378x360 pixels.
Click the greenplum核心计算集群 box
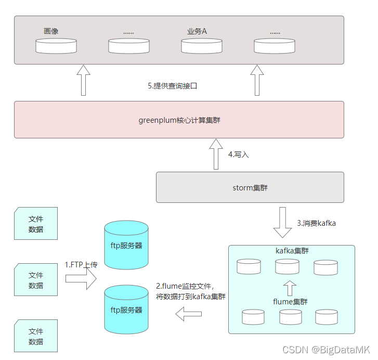(x=179, y=120)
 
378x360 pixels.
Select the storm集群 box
(x=250, y=187)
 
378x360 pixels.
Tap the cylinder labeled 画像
(x=56, y=46)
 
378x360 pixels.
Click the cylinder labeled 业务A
(x=202, y=46)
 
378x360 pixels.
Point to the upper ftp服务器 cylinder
(x=126, y=245)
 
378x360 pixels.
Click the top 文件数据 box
(x=36, y=224)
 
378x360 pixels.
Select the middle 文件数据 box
(x=36, y=280)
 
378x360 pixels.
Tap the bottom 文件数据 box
(x=36, y=336)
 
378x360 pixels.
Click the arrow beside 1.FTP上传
(x=81, y=279)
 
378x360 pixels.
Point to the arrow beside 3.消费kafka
(x=283, y=222)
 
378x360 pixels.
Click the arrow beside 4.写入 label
(x=216, y=154)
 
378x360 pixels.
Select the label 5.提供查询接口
(x=173, y=86)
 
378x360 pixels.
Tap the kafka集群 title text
(x=292, y=251)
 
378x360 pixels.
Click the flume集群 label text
(x=290, y=301)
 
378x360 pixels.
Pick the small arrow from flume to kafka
(x=291, y=288)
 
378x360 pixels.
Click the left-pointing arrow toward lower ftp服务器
(x=188, y=313)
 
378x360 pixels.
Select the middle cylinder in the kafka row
(x=287, y=267)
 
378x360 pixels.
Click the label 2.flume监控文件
(x=185, y=286)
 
